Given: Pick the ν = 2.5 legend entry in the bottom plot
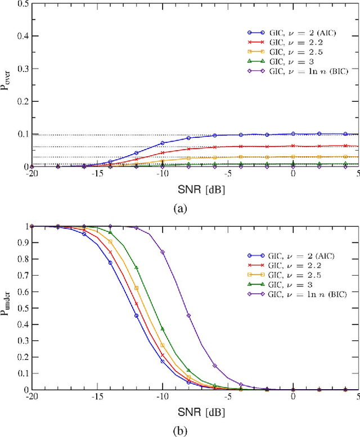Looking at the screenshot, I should click(x=292, y=274).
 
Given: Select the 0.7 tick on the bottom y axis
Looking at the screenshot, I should click(x=21, y=276).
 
